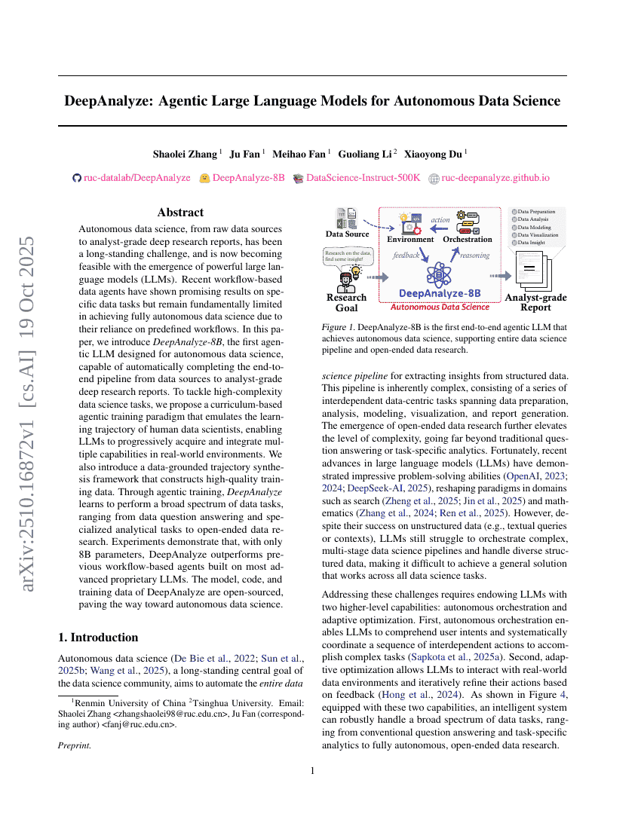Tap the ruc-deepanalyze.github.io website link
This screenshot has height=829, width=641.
tap(495, 179)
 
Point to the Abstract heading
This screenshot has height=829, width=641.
tap(180, 213)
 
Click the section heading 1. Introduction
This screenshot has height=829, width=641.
tap(98, 637)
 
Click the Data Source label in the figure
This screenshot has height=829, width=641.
tap(347, 234)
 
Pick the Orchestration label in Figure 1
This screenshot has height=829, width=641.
tap(467, 239)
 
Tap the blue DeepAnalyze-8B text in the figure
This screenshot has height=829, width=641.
tap(439, 292)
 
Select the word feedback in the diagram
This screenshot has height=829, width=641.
tap(406, 255)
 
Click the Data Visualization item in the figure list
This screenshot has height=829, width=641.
tap(533, 234)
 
